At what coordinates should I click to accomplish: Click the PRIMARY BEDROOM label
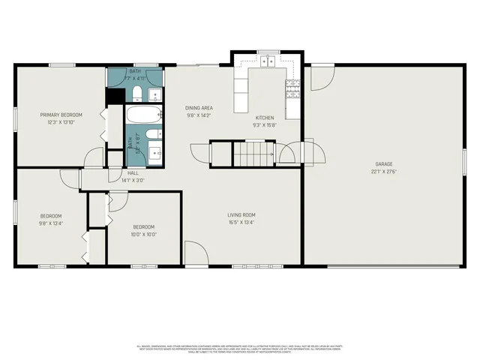pyautogui.click(x=61, y=115)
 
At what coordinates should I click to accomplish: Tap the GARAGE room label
pyautogui.click(x=384, y=163)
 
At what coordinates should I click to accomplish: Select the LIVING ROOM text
pyautogui.click(x=241, y=215)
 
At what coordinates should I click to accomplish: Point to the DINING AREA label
pyautogui.click(x=199, y=108)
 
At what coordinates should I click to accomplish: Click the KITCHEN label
pyautogui.click(x=264, y=118)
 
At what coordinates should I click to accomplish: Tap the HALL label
pyautogui.click(x=133, y=173)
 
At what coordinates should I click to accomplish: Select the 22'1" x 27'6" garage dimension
pyautogui.click(x=384, y=172)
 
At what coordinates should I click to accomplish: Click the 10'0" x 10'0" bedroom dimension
pyautogui.click(x=144, y=234)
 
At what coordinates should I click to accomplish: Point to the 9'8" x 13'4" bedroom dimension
pyautogui.click(x=51, y=223)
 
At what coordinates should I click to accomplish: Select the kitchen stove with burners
pyautogui.click(x=292, y=90)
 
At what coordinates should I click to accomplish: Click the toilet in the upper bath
pyautogui.click(x=138, y=94)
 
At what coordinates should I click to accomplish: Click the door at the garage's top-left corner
pyautogui.click(x=322, y=74)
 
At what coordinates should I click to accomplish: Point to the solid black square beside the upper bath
pyautogui.click(x=115, y=96)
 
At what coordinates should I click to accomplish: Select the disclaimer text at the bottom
pyautogui.click(x=240, y=349)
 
